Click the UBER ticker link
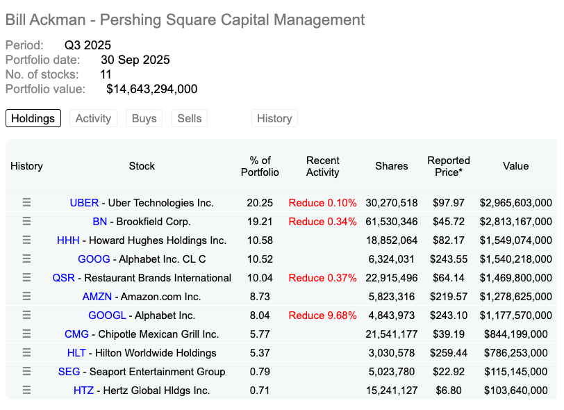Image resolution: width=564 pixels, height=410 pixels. (x=84, y=203)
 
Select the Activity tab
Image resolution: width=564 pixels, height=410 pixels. (x=93, y=118)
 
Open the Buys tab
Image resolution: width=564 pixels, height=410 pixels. (x=144, y=118)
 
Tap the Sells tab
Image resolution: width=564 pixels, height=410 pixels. (x=189, y=118)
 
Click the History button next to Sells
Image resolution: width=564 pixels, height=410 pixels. (x=274, y=118)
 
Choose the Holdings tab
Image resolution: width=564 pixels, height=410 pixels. (x=33, y=118)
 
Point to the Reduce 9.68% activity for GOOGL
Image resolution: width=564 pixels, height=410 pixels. (x=322, y=315)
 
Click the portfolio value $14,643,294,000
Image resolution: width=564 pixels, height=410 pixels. (x=151, y=89)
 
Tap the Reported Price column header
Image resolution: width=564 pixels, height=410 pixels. (x=448, y=166)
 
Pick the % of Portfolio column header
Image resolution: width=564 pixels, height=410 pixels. (x=260, y=166)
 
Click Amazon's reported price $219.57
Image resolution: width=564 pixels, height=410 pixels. (x=448, y=297)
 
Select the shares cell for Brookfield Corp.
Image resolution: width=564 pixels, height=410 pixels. (x=391, y=222)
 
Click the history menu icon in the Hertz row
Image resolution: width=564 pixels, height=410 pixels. (x=26, y=391)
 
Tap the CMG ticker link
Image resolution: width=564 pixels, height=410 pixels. (x=76, y=334)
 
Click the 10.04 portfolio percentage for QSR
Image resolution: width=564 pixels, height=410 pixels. (x=260, y=278)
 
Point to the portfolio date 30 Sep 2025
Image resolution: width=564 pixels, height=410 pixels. (x=135, y=60)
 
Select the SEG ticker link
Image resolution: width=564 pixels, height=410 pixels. (x=69, y=372)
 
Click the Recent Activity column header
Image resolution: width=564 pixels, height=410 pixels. (x=322, y=166)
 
